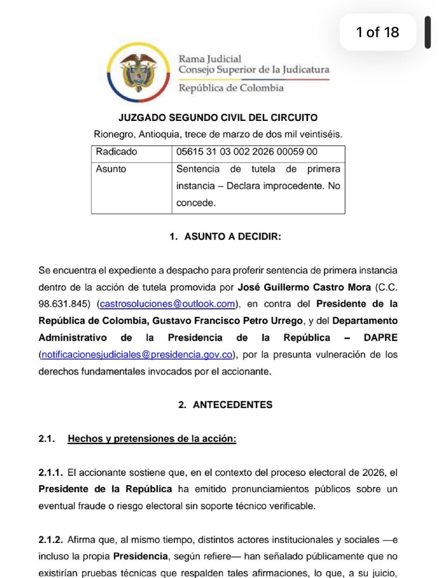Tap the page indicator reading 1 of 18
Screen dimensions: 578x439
tap(377, 32)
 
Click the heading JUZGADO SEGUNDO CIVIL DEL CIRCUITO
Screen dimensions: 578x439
tap(218, 118)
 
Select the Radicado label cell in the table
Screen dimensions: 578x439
tap(117, 152)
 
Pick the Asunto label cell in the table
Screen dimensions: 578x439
tap(111, 169)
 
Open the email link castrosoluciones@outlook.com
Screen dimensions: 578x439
tap(168, 304)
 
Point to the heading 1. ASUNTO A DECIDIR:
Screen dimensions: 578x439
tap(225, 237)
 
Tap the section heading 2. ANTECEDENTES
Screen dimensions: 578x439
tap(225, 405)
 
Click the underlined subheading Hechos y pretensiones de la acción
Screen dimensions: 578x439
tap(152, 439)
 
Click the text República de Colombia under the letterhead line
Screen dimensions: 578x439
tap(231, 88)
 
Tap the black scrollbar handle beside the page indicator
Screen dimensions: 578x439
tap(428, 32)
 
